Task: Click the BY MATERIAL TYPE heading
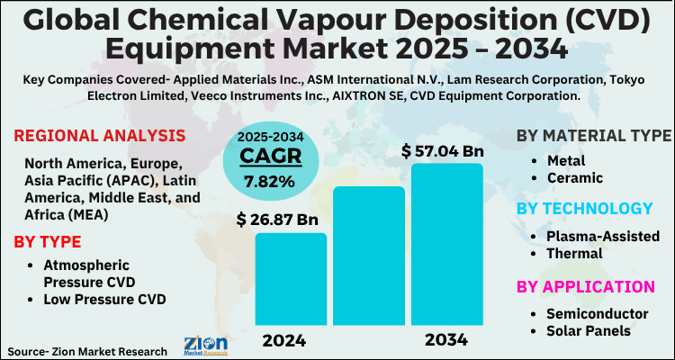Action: (x=593, y=136)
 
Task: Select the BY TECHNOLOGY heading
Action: (x=584, y=209)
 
